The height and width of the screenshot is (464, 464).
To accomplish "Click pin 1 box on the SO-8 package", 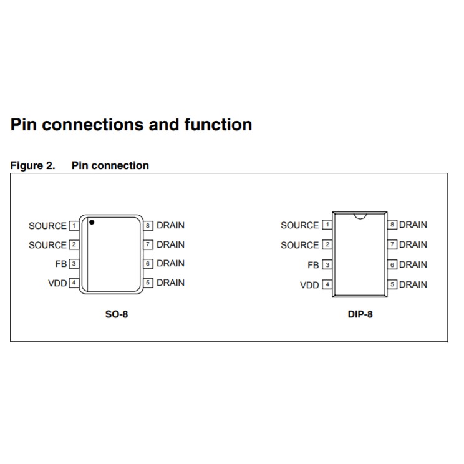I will (x=74, y=225).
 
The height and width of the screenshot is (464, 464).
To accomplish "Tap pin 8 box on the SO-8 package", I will (x=148, y=225).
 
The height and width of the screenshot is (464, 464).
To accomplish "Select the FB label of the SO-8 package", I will (x=60, y=264).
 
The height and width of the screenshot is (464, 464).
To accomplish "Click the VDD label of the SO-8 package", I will (x=57, y=283).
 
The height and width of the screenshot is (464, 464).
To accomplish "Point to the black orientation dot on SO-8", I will (x=92, y=222).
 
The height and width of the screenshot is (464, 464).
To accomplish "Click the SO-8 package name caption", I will (x=117, y=314).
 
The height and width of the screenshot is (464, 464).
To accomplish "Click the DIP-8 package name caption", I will (x=360, y=314).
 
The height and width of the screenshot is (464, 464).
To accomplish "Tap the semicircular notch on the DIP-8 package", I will (x=359, y=216).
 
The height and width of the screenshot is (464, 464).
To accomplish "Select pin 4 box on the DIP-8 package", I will (x=327, y=285).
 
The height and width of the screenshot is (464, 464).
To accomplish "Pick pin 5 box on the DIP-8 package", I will (x=393, y=285).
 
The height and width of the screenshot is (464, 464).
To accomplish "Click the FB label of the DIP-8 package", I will (x=313, y=265).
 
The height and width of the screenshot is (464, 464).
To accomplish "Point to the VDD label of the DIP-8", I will (x=309, y=285).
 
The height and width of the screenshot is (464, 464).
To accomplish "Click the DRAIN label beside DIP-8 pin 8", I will (x=413, y=225).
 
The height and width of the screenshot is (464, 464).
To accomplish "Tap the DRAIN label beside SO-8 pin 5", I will (x=170, y=283).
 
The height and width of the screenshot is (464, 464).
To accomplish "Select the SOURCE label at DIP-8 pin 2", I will (x=299, y=245).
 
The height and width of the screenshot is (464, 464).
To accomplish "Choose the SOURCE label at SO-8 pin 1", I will (x=47, y=226).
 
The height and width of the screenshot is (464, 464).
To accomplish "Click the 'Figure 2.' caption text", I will (x=32, y=165).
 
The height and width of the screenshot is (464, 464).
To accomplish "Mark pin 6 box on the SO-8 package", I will (x=148, y=264).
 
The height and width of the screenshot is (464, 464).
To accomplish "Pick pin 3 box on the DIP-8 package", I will (x=327, y=265).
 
